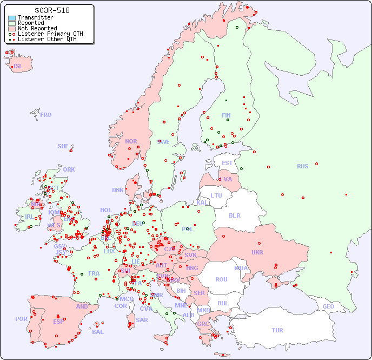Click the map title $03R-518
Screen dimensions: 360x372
coord(52,10)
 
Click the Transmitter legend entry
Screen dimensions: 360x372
coord(35,18)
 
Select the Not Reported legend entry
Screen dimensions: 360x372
coord(37,28)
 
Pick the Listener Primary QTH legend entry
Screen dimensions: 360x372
coord(50,34)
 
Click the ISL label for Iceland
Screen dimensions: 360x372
coord(18,67)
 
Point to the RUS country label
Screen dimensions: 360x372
coord(302,166)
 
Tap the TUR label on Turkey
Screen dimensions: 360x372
coord(277,330)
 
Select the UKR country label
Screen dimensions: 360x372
coord(257,252)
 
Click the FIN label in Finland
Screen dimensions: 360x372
coord(226,115)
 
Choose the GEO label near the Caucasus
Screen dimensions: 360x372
coord(328,306)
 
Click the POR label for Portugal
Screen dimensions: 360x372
coord(21,319)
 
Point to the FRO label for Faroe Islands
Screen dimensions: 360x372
coord(46,115)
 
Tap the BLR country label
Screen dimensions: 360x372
coord(234,215)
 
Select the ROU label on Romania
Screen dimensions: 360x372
coord(221,279)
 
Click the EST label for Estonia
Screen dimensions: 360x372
coord(227,163)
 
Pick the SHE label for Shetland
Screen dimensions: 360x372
coord(63,146)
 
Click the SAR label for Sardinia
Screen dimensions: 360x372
coord(142,319)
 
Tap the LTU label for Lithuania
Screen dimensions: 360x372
coord(216,195)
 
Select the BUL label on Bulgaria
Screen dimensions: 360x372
coord(223,303)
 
